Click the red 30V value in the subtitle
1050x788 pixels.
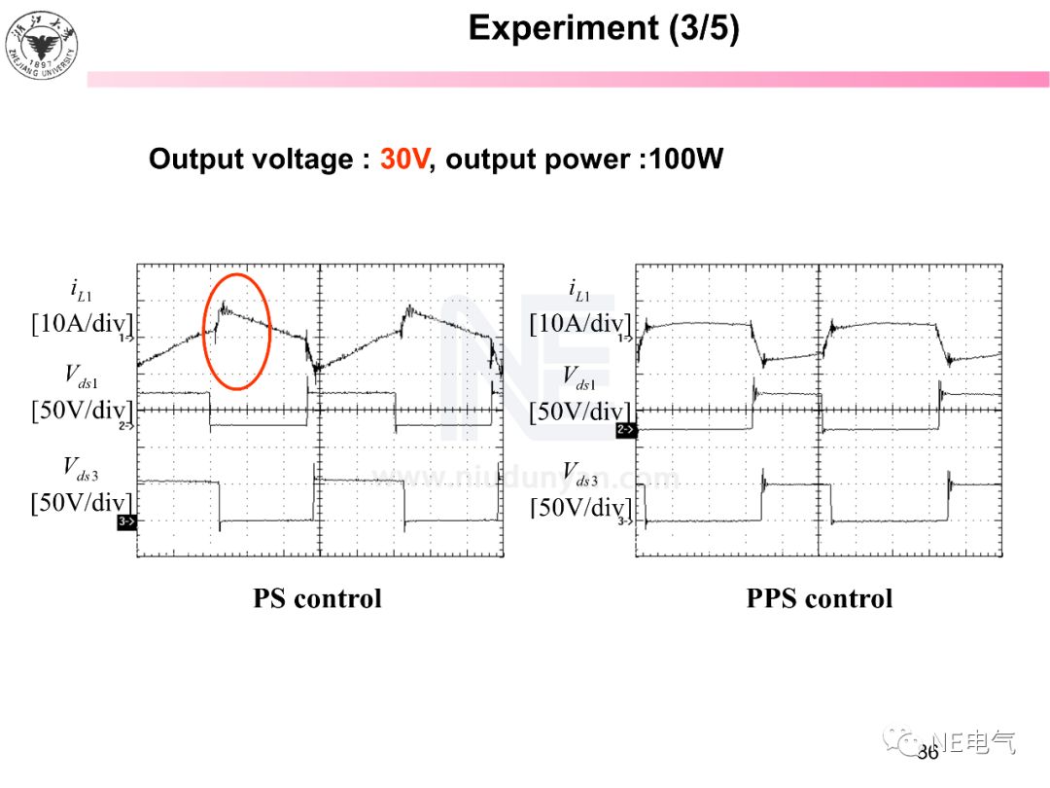click(x=403, y=160)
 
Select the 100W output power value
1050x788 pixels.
click(x=686, y=160)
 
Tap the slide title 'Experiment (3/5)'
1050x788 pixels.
click(x=604, y=28)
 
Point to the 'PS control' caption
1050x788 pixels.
click(x=317, y=598)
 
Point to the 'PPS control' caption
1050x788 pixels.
click(x=819, y=598)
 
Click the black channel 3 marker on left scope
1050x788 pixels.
click(x=126, y=522)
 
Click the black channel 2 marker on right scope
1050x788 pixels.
click(x=626, y=429)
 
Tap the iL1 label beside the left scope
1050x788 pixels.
click(x=82, y=289)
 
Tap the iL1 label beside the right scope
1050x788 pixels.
click(x=579, y=289)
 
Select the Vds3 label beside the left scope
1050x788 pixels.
click(x=82, y=468)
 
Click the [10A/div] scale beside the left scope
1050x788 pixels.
click(x=82, y=324)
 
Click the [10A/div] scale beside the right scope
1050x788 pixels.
click(x=579, y=324)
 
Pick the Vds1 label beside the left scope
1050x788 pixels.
click(x=82, y=375)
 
